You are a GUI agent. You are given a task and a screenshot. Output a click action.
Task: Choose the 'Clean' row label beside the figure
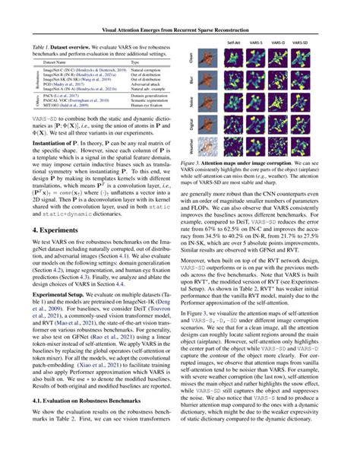tap(192, 59)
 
